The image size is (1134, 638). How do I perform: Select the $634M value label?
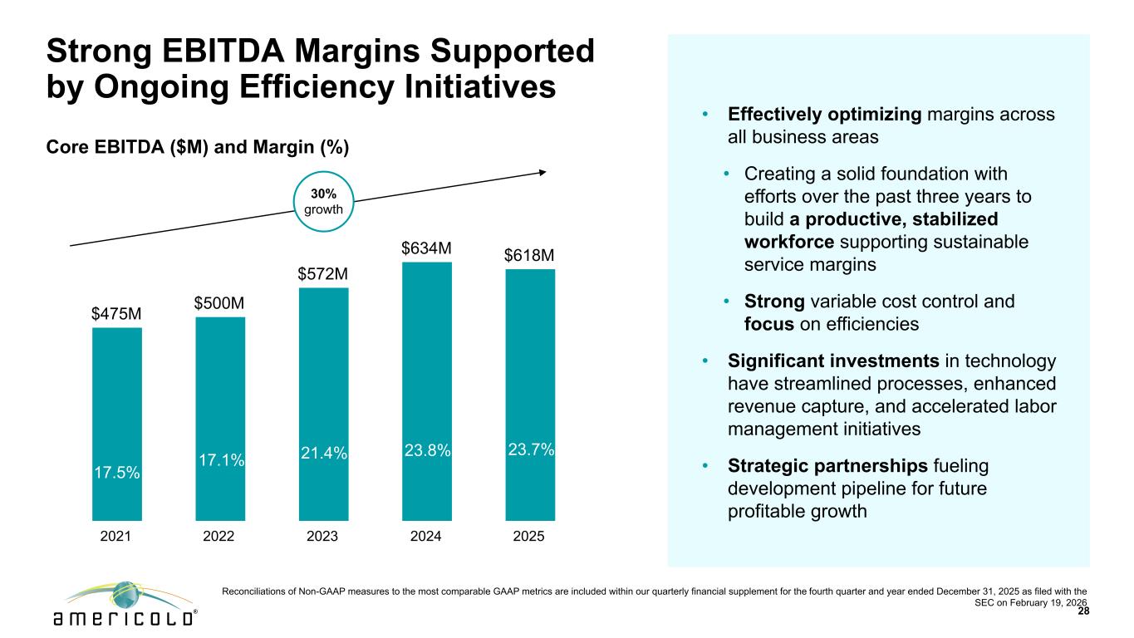[x=426, y=248]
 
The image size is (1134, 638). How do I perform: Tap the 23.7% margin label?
[x=530, y=449]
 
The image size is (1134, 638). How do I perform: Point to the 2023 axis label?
[x=322, y=537]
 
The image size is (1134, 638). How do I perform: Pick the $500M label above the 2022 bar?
[x=219, y=303]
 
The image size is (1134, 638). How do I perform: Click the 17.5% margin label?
[x=116, y=472]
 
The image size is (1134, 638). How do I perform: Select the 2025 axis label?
[x=529, y=537]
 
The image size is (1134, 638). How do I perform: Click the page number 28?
[x=1082, y=611]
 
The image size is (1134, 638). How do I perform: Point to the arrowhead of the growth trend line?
[x=542, y=172]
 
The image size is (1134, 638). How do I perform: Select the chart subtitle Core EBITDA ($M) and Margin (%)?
[x=197, y=147]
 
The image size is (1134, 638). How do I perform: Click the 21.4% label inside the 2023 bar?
[x=323, y=452]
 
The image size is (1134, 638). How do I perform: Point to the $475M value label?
[x=116, y=314]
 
